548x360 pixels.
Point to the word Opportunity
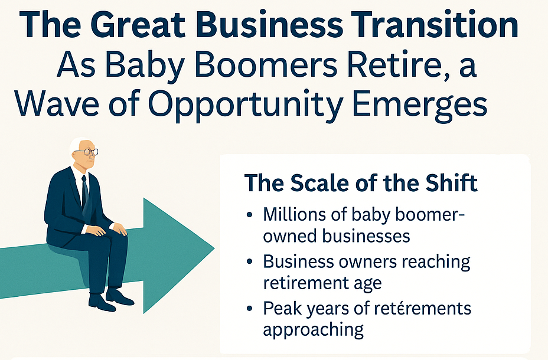[245, 104]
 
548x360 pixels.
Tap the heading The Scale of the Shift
[361, 182]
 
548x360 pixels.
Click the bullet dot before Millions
[249, 215]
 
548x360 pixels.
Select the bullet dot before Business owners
[249, 262]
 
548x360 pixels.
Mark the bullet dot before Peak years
[249, 309]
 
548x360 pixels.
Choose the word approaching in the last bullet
[313, 330]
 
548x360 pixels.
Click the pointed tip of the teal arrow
[214, 248]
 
